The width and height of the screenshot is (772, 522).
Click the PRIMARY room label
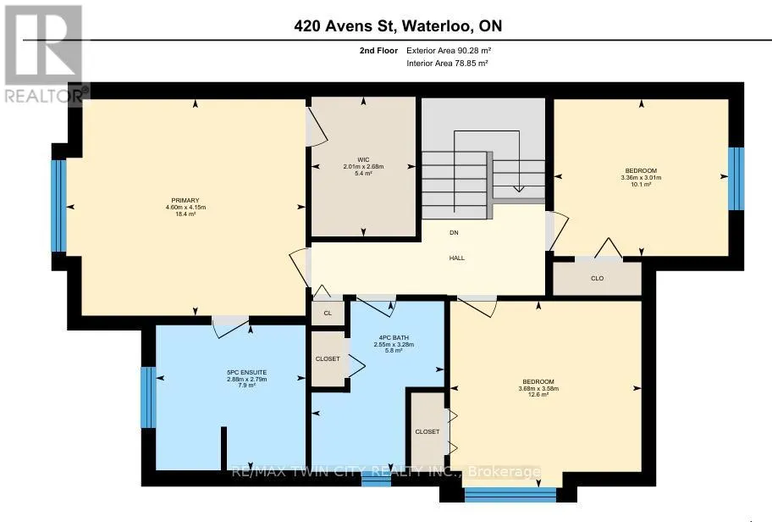[x=185, y=200]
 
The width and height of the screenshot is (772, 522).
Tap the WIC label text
[x=363, y=159]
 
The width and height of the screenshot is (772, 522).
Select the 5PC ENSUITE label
[x=246, y=373]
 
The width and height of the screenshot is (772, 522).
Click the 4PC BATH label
[x=394, y=337]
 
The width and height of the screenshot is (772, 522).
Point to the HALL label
[x=457, y=258]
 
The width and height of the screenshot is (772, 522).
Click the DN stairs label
[x=454, y=233]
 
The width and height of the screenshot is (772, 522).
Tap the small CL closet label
[x=328, y=313]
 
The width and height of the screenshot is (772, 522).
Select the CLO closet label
[x=598, y=279]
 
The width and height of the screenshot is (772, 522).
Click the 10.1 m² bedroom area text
[x=641, y=185]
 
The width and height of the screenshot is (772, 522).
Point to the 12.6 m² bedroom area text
[x=538, y=395]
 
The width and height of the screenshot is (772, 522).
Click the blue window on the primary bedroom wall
[x=58, y=206]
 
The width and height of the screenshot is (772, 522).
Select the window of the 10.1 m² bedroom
[x=736, y=179]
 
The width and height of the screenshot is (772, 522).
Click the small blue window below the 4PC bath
[x=376, y=479]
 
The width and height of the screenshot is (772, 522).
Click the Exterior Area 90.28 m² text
[x=449, y=50]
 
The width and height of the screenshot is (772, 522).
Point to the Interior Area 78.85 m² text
[x=447, y=63]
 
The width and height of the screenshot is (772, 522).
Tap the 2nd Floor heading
[x=378, y=50]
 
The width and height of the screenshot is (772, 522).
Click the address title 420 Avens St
[x=345, y=25]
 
